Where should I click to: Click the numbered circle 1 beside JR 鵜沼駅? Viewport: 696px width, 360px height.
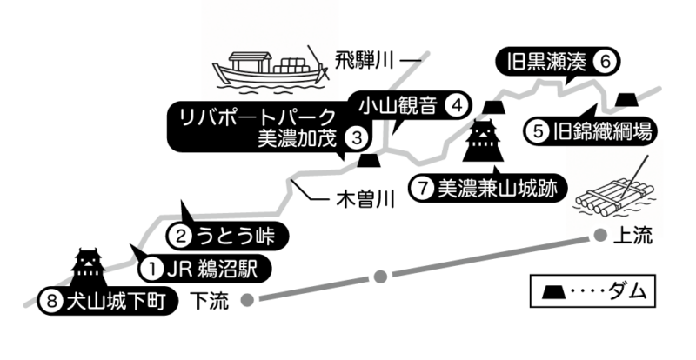coord(153,269)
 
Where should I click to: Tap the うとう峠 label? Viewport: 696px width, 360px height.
coord(236,236)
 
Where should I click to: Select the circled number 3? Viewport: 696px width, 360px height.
coord(358,138)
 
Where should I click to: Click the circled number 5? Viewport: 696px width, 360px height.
coord(538,132)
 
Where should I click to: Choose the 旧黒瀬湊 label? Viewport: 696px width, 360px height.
coord(546,62)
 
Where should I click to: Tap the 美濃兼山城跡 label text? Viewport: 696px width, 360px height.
coord(497,189)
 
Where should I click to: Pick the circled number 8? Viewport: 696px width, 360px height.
coord(52,302)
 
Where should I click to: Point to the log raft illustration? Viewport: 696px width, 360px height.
coord(616,196)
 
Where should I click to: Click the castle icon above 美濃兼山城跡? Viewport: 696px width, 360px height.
coord(483,140)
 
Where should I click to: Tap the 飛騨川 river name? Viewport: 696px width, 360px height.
coord(365,61)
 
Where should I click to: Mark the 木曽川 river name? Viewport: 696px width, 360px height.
coord(365,200)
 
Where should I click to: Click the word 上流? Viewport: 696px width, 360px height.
coord(632,236)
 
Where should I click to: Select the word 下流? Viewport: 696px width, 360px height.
coord(209,301)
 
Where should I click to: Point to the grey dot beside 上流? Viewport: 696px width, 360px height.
coord(600,235)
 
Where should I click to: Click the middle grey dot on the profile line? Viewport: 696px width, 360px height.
coord(380,277)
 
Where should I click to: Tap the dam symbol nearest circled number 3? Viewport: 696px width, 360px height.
coord(369,160)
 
